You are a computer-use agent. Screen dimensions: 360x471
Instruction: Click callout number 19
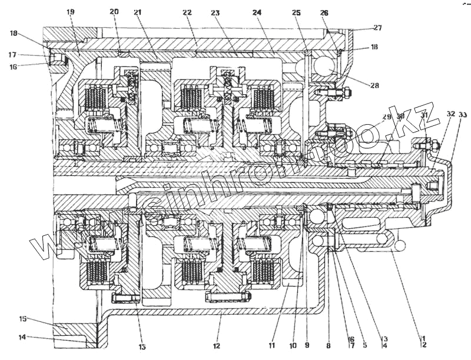pyautogui.click(x=70, y=12)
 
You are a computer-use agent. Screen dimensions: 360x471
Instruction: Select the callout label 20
pyautogui.click(x=114, y=12)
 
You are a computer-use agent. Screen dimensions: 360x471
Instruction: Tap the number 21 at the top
pyautogui.click(x=138, y=12)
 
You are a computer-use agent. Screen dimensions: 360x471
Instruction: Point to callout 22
pyautogui.click(x=188, y=12)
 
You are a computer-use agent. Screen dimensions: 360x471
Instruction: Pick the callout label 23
pyautogui.click(x=215, y=12)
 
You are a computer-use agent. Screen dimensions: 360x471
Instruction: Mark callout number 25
pyautogui.click(x=296, y=12)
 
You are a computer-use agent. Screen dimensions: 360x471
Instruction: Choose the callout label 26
pyautogui.click(x=324, y=12)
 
